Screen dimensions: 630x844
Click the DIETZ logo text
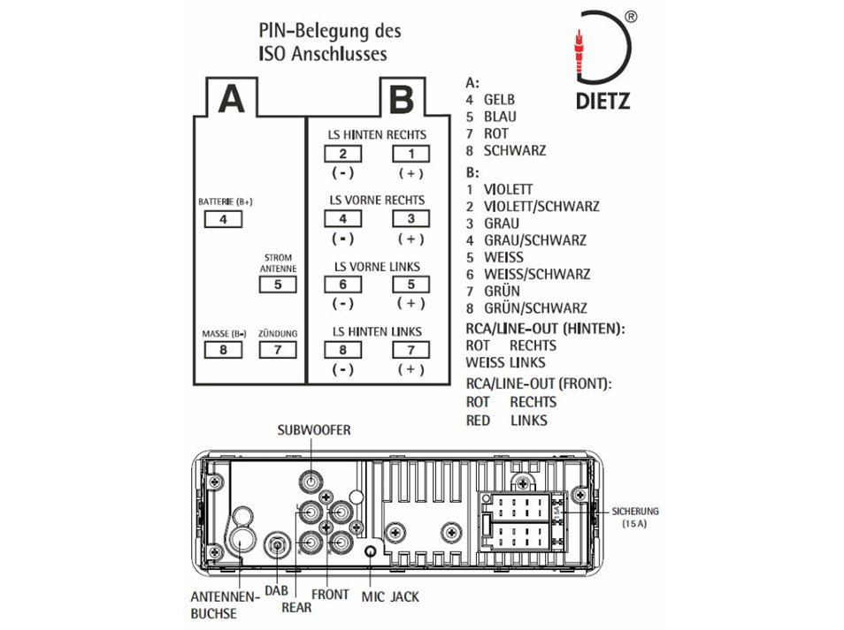(603, 102)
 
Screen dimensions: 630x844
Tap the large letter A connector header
(231, 99)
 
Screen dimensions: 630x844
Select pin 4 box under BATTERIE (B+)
(223, 219)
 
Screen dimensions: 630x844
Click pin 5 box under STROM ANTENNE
(278, 285)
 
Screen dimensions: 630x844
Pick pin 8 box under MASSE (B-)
(223, 349)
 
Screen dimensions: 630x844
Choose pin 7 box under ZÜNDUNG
(278, 349)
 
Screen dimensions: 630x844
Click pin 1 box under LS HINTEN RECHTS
(410, 154)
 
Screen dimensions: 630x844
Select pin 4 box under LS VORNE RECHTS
(342, 219)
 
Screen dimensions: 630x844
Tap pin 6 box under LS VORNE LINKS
(342, 285)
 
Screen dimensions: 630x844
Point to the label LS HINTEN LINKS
(377, 331)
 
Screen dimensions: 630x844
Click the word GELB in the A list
(499, 100)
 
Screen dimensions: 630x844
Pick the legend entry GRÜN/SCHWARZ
(534, 308)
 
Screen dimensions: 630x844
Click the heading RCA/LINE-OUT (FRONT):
(540, 384)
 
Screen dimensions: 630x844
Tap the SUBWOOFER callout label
(314, 430)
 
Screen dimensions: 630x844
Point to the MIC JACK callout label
(390, 596)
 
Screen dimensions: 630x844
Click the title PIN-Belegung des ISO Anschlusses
(329, 42)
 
